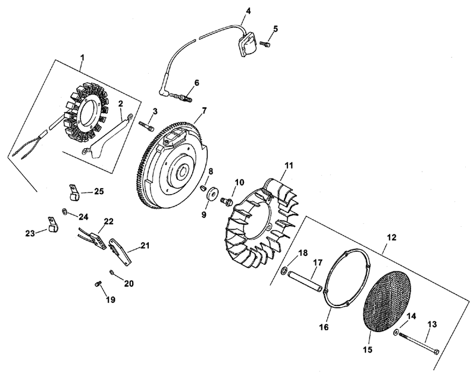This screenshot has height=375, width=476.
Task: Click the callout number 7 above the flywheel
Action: click(x=204, y=111)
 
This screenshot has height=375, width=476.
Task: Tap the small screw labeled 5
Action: click(x=265, y=44)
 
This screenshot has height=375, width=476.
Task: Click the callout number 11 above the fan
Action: click(x=289, y=166)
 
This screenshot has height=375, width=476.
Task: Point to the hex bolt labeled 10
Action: click(x=227, y=200)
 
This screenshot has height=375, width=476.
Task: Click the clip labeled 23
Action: click(x=53, y=224)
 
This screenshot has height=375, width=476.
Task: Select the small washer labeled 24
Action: click(x=65, y=211)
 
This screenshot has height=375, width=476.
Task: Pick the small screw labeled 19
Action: click(x=98, y=283)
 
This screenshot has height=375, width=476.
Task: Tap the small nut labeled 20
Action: click(x=112, y=271)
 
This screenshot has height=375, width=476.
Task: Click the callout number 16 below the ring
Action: click(x=324, y=327)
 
